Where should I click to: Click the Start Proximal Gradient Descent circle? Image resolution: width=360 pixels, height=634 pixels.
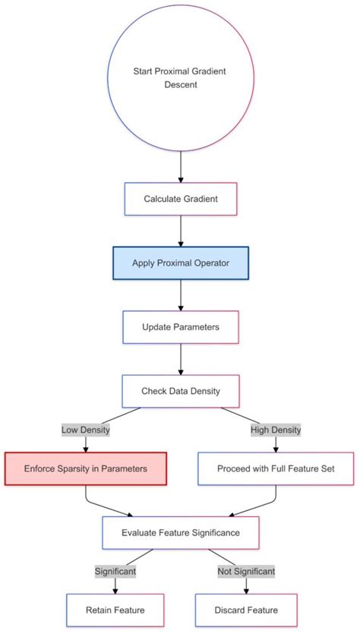click(x=181, y=78)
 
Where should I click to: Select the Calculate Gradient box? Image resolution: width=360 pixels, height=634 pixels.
click(x=181, y=199)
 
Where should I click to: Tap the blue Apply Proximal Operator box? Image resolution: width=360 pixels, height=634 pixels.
click(x=181, y=263)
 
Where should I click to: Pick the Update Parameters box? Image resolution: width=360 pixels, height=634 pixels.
click(x=181, y=327)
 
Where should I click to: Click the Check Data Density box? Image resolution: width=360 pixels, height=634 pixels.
click(x=181, y=391)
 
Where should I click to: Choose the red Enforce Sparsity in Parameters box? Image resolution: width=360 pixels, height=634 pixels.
click(x=86, y=468)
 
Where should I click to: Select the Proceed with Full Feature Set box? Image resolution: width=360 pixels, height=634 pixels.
click(x=276, y=468)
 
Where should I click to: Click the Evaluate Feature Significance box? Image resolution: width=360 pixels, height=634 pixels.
click(x=181, y=532)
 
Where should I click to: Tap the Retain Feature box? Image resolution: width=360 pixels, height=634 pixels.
click(x=115, y=610)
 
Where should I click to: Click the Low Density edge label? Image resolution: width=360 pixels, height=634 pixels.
click(x=86, y=430)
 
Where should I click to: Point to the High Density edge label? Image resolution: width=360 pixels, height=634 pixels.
click(x=276, y=430)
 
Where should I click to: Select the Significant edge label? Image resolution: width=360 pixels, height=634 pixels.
click(x=115, y=570)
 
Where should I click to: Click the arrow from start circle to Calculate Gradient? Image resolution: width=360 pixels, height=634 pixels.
click(x=181, y=166)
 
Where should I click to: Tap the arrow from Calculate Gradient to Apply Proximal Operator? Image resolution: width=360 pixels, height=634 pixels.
click(x=181, y=231)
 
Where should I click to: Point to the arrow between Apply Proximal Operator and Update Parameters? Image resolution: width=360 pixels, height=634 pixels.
click(x=181, y=295)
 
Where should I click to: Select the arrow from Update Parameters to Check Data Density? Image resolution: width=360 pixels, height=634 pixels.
click(x=181, y=359)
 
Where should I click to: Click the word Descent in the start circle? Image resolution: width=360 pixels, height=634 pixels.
click(x=181, y=85)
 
